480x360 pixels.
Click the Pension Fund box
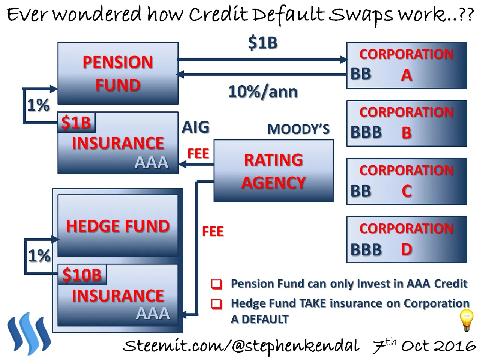(x=118, y=73)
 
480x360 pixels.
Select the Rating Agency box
(x=274, y=171)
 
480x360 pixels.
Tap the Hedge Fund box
(x=118, y=226)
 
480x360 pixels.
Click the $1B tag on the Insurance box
(x=76, y=122)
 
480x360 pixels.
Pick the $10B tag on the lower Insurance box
(x=82, y=274)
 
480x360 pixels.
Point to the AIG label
(x=196, y=127)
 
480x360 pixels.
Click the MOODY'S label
(x=298, y=129)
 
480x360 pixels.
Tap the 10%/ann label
(x=263, y=92)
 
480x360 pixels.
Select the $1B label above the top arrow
(x=263, y=43)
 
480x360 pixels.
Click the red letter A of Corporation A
(x=406, y=75)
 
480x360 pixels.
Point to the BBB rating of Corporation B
(x=366, y=132)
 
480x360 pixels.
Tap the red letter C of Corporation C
(x=406, y=191)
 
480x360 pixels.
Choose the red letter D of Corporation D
(x=406, y=249)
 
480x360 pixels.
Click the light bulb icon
(x=466, y=321)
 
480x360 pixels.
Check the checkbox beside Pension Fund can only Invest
(x=217, y=284)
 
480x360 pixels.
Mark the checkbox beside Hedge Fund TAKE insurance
(x=217, y=304)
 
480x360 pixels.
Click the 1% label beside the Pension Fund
(x=38, y=105)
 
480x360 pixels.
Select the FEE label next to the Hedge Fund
(x=213, y=231)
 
